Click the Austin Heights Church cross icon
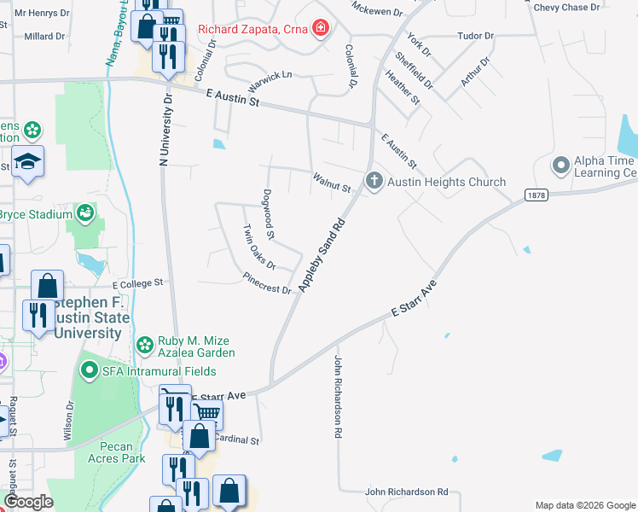pyautogui.click(x=373, y=181)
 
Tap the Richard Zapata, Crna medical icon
pyautogui.click(x=321, y=29)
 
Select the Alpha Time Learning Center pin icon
pyautogui.click(x=560, y=164)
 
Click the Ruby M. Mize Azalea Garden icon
pyautogui.click(x=145, y=345)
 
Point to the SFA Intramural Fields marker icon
pyautogui.click(x=89, y=370)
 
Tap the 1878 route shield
pyautogui.click(x=535, y=195)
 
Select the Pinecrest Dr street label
pyautogui.click(x=267, y=283)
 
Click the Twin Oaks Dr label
pyautogui.click(x=258, y=247)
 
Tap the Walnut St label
pyautogui.click(x=332, y=183)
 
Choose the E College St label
pyautogui.click(x=137, y=282)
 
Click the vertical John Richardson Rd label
pyautogui.click(x=338, y=397)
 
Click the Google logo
pyautogui.click(x=28, y=502)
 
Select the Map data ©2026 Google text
pyautogui.click(x=584, y=505)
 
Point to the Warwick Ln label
pyautogui.click(x=270, y=82)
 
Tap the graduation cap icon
pyautogui.click(x=28, y=162)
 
